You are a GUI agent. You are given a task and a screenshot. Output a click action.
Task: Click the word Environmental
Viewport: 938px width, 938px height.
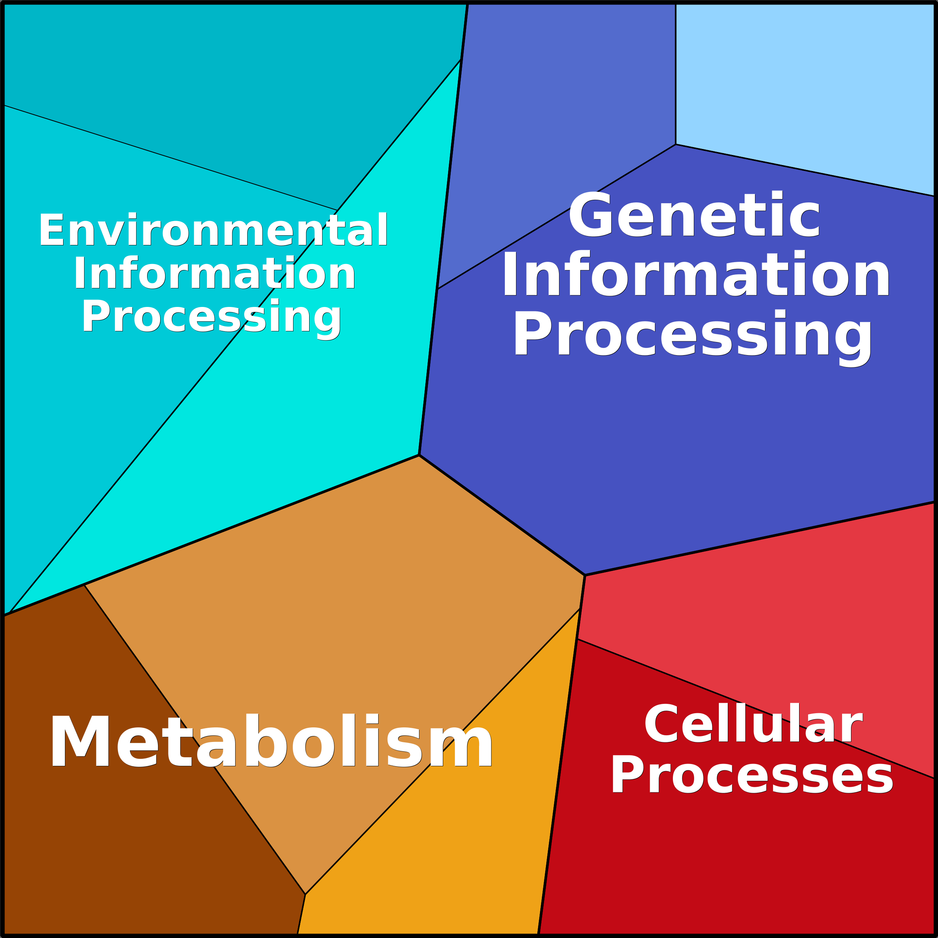tap(213, 229)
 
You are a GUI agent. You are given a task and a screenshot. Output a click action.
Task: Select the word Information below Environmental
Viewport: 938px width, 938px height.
tap(215, 273)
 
